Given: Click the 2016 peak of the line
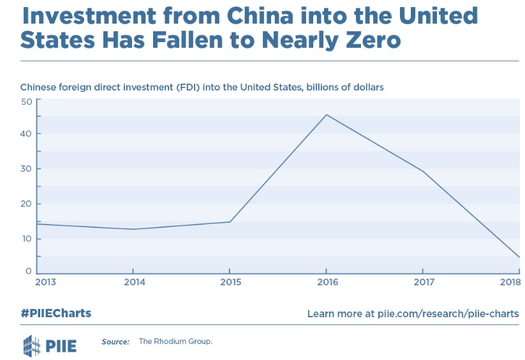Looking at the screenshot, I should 327,115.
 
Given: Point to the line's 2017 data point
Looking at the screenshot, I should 422,171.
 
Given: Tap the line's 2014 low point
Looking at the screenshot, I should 133,229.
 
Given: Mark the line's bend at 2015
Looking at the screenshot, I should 230,221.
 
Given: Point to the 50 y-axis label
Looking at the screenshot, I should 26,101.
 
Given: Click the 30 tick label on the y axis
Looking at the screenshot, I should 26,169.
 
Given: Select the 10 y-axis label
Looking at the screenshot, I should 26,239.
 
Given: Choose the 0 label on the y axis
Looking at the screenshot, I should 29,271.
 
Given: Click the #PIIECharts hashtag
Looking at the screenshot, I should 56,313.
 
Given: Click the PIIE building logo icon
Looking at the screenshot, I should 32,345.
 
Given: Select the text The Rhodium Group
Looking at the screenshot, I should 175,341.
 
